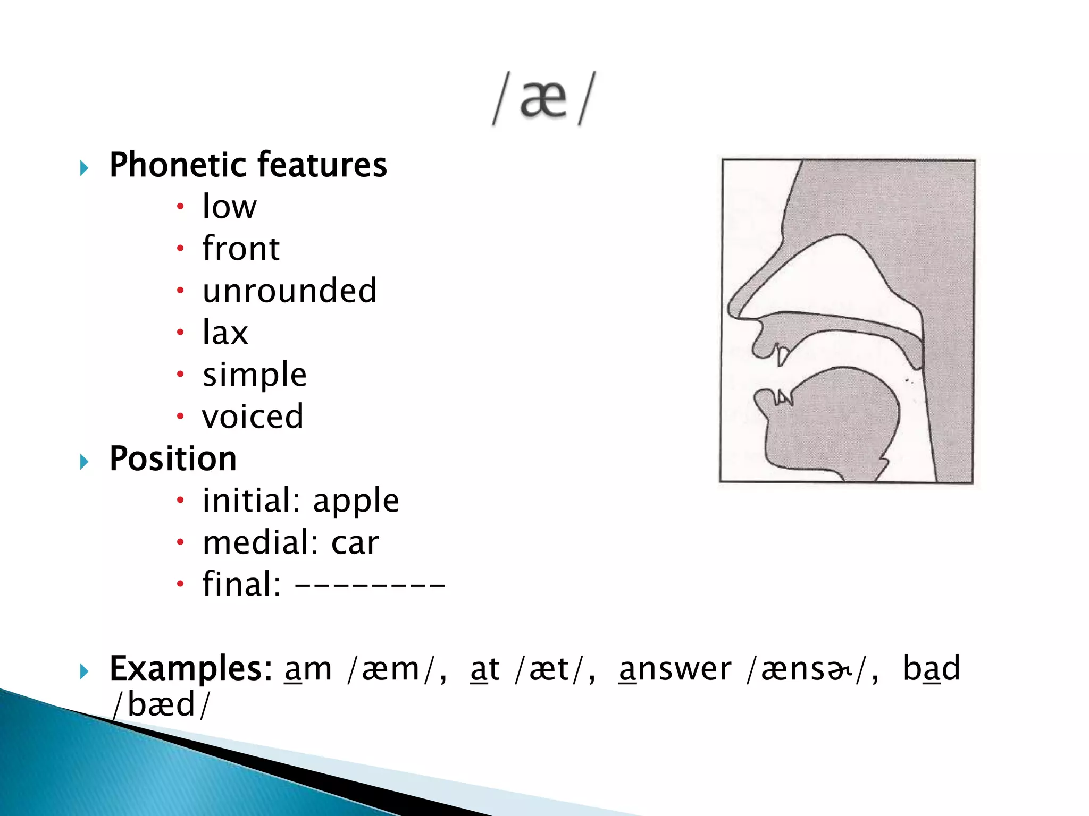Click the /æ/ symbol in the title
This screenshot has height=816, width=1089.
click(x=543, y=99)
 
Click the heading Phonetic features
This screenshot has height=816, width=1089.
click(x=248, y=165)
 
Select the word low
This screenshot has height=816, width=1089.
click(x=229, y=207)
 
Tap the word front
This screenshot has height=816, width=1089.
click(x=241, y=249)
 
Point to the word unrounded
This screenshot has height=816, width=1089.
click(x=290, y=291)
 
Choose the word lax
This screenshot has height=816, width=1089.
click(x=225, y=333)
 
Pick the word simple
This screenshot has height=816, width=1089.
click(x=255, y=375)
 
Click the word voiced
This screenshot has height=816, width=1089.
click(x=253, y=416)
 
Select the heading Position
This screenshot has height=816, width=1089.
click(x=173, y=458)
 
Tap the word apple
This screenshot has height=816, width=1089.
click(x=356, y=501)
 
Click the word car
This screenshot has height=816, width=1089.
click(x=355, y=543)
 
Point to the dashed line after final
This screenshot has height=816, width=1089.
click(x=370, y=586)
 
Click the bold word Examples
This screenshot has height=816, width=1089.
click(x=190, y=669)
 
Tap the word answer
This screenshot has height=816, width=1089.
click(x=675, y=669)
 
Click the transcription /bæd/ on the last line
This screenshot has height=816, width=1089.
click(x=161, y=705)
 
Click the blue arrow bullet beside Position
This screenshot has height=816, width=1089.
click(x=84, y=462)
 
